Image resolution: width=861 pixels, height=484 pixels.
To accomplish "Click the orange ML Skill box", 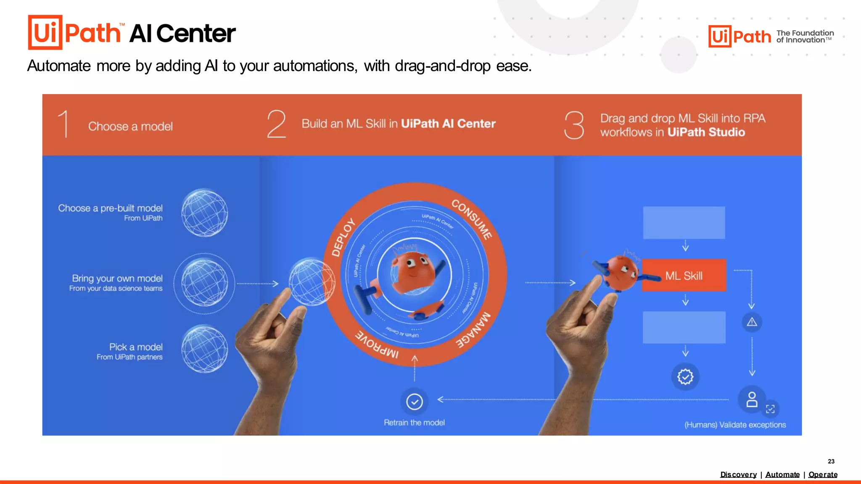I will (x=684, y=276).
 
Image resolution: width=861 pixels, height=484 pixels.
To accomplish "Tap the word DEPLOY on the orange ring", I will (x=343, y=237).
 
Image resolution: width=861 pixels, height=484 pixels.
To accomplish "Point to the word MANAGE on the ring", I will (x=473, y=330).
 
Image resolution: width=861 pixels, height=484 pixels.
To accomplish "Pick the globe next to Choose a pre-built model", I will (x=205, y=213).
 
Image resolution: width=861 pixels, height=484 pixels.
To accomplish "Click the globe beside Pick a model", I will (x=205, y=349).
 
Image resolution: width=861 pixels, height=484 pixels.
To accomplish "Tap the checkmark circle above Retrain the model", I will (x=415, y=402).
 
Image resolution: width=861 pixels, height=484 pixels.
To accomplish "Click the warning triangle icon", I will (x=752, y=322).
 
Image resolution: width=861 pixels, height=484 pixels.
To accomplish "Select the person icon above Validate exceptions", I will (x=752, y=400).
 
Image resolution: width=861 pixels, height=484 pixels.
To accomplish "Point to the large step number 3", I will (x=574, y=125).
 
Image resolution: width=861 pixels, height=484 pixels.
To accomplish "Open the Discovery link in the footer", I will (x=738, y=474).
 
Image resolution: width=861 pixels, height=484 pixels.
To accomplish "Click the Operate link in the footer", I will (x=823, y=474).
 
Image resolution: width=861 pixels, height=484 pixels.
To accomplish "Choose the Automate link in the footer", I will (x=782, y=474).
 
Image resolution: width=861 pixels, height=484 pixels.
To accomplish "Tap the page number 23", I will (x=831, y=461).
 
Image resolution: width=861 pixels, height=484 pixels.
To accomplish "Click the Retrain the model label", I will (x=414, y=423).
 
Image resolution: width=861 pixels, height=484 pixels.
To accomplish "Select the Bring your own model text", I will (x=117, y=278).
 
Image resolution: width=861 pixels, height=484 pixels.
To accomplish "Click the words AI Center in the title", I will (x=182, y=34).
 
